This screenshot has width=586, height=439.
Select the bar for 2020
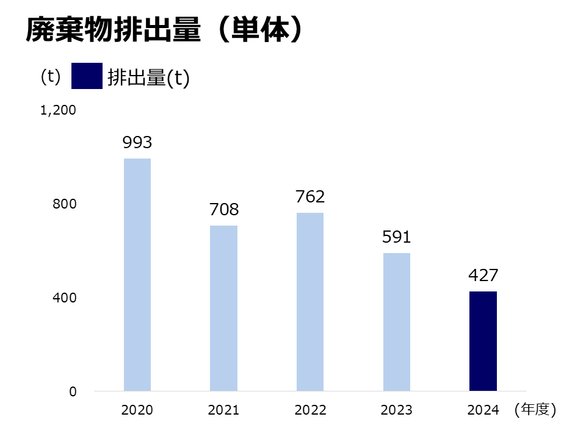pos(137,274)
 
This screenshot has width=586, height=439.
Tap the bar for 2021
pos(223,308)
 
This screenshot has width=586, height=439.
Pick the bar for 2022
pos(310,302)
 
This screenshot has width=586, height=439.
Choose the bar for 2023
pos(397,322)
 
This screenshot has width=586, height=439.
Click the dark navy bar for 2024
pos(483,341)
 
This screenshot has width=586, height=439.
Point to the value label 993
pos(137,143)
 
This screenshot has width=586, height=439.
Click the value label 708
pos(223,210)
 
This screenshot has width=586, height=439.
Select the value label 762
pos(310,196)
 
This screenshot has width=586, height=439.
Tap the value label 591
pos(397,237)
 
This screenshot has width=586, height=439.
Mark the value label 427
pos(483,276)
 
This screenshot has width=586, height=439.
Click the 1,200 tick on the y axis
pos(58,110)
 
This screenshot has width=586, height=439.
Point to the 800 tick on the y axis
pos(64,204)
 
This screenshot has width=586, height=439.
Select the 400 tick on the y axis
pos(64,298)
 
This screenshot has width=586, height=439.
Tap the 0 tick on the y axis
pos(73,392)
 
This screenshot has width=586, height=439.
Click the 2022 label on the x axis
pos(310,410)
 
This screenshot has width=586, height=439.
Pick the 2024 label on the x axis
pos(483,410)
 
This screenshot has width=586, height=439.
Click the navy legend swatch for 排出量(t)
pos(87,77)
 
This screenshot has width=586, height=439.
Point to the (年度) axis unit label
pos(535,410)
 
